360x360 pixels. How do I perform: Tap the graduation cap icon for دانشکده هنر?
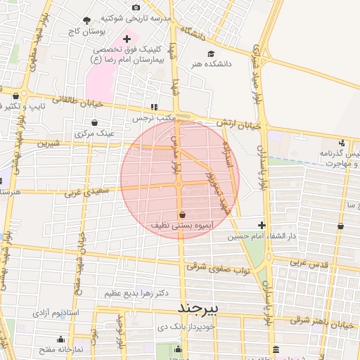tap(210, 53)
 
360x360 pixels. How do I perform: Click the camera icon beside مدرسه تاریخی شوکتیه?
tap(136, 6)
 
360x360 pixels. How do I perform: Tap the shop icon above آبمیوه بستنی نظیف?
tap(183, 214)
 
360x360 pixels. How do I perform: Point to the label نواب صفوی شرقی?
tap(218, 268)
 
